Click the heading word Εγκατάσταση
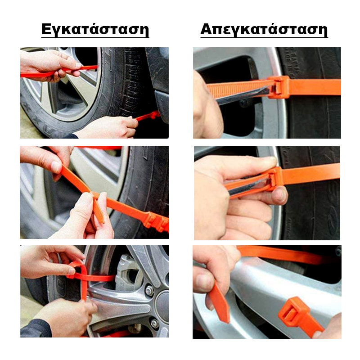[x=95, y=29]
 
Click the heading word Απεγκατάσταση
[x=264, y=29]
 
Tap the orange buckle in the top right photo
[x=279, y=87]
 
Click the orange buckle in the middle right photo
[x=275, y=177]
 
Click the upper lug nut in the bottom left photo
[x=149, y=291]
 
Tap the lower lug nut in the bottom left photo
[x=154, y=324]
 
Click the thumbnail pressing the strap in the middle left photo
[x=56, y=166]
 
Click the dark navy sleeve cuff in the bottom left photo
[x=36, y=328]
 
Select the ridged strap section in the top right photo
[x=239, y=87]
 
